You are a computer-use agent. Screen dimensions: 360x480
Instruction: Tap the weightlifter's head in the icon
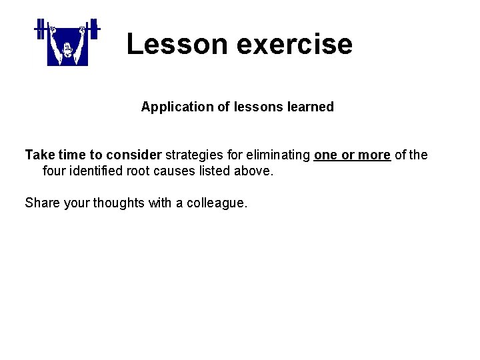coord(67,48)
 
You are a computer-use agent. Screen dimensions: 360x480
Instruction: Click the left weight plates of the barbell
coord(39,28)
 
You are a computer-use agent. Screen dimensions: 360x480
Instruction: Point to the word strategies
coord(194,155)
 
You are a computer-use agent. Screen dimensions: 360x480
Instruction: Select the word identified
coord(96,171)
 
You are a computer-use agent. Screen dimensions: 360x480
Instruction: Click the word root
coord(142,171)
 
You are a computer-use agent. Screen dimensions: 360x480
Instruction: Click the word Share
coord(42,203)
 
